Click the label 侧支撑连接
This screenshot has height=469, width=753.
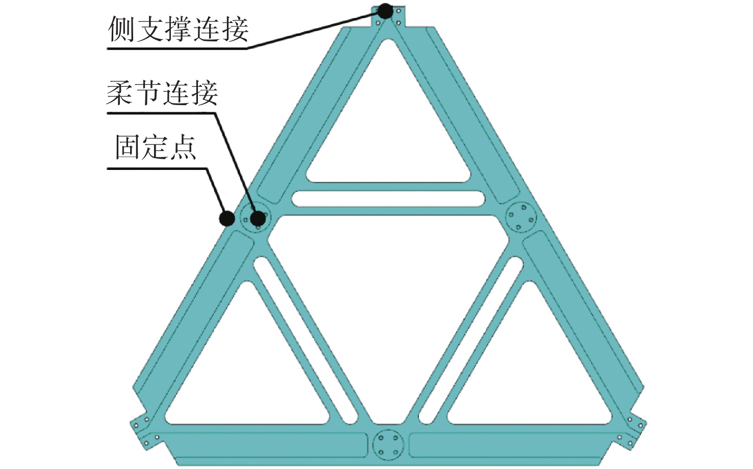coord(178,29)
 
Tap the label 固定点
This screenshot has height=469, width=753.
coord(156,147)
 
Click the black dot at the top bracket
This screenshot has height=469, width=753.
coord(385,11)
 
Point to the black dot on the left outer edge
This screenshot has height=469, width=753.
coord(227,218)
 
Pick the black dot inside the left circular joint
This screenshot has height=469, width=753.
coord(259,218)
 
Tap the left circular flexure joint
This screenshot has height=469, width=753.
coord(254,218)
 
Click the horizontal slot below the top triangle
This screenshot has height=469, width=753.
coord(388,199)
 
